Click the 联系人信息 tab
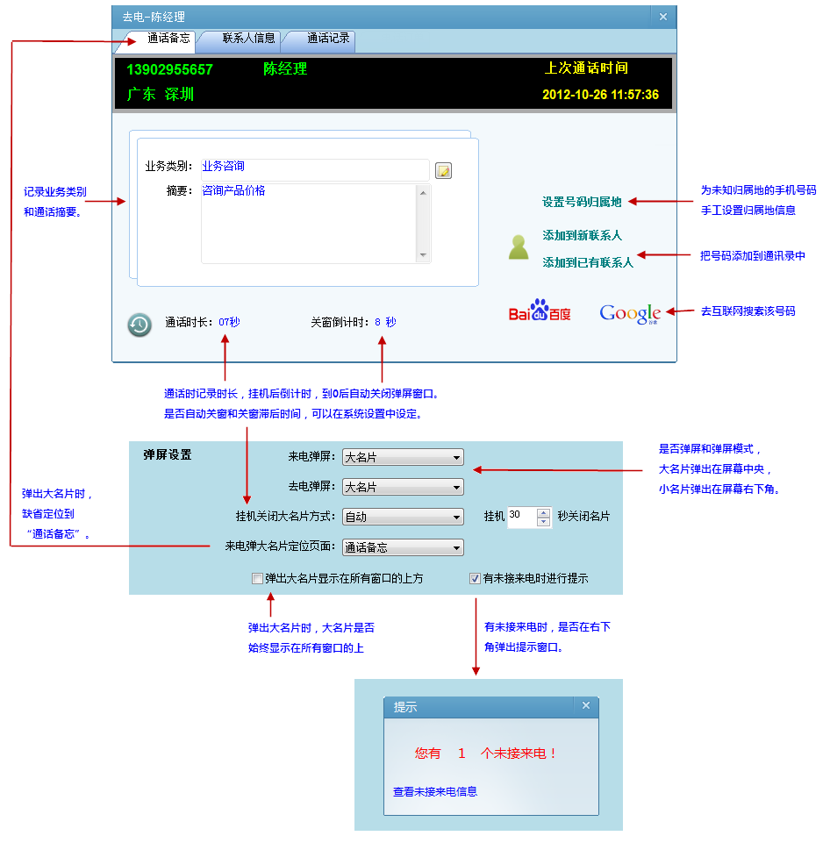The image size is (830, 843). click(248, 39)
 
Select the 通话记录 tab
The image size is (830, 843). click(328, 39)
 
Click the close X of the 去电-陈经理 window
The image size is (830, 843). click(662, 17)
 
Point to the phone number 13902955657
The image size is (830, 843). click(169, 70)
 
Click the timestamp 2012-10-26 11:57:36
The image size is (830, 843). click(600, 95)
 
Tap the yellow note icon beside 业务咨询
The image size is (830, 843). click(444, 170)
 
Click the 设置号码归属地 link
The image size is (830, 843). click(581, 202)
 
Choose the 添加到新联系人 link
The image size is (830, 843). click(582, 236)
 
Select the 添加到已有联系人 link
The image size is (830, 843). click(587, 262)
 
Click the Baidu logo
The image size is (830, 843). click(540, 311)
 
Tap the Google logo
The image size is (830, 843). click(629, 313)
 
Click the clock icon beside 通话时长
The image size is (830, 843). click(139, 325)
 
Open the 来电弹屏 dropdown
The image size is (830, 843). click(403, 457)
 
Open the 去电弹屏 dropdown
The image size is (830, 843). click(403, 487)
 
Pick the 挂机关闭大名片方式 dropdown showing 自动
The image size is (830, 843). click(403, 517)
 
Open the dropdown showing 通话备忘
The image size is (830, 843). click(403, 547)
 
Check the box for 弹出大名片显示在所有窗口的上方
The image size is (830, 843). click(257, 579)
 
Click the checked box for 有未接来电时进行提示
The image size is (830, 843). click(475, 579)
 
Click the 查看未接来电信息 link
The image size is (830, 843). click(435, 791)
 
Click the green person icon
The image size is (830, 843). click(519, 247)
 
